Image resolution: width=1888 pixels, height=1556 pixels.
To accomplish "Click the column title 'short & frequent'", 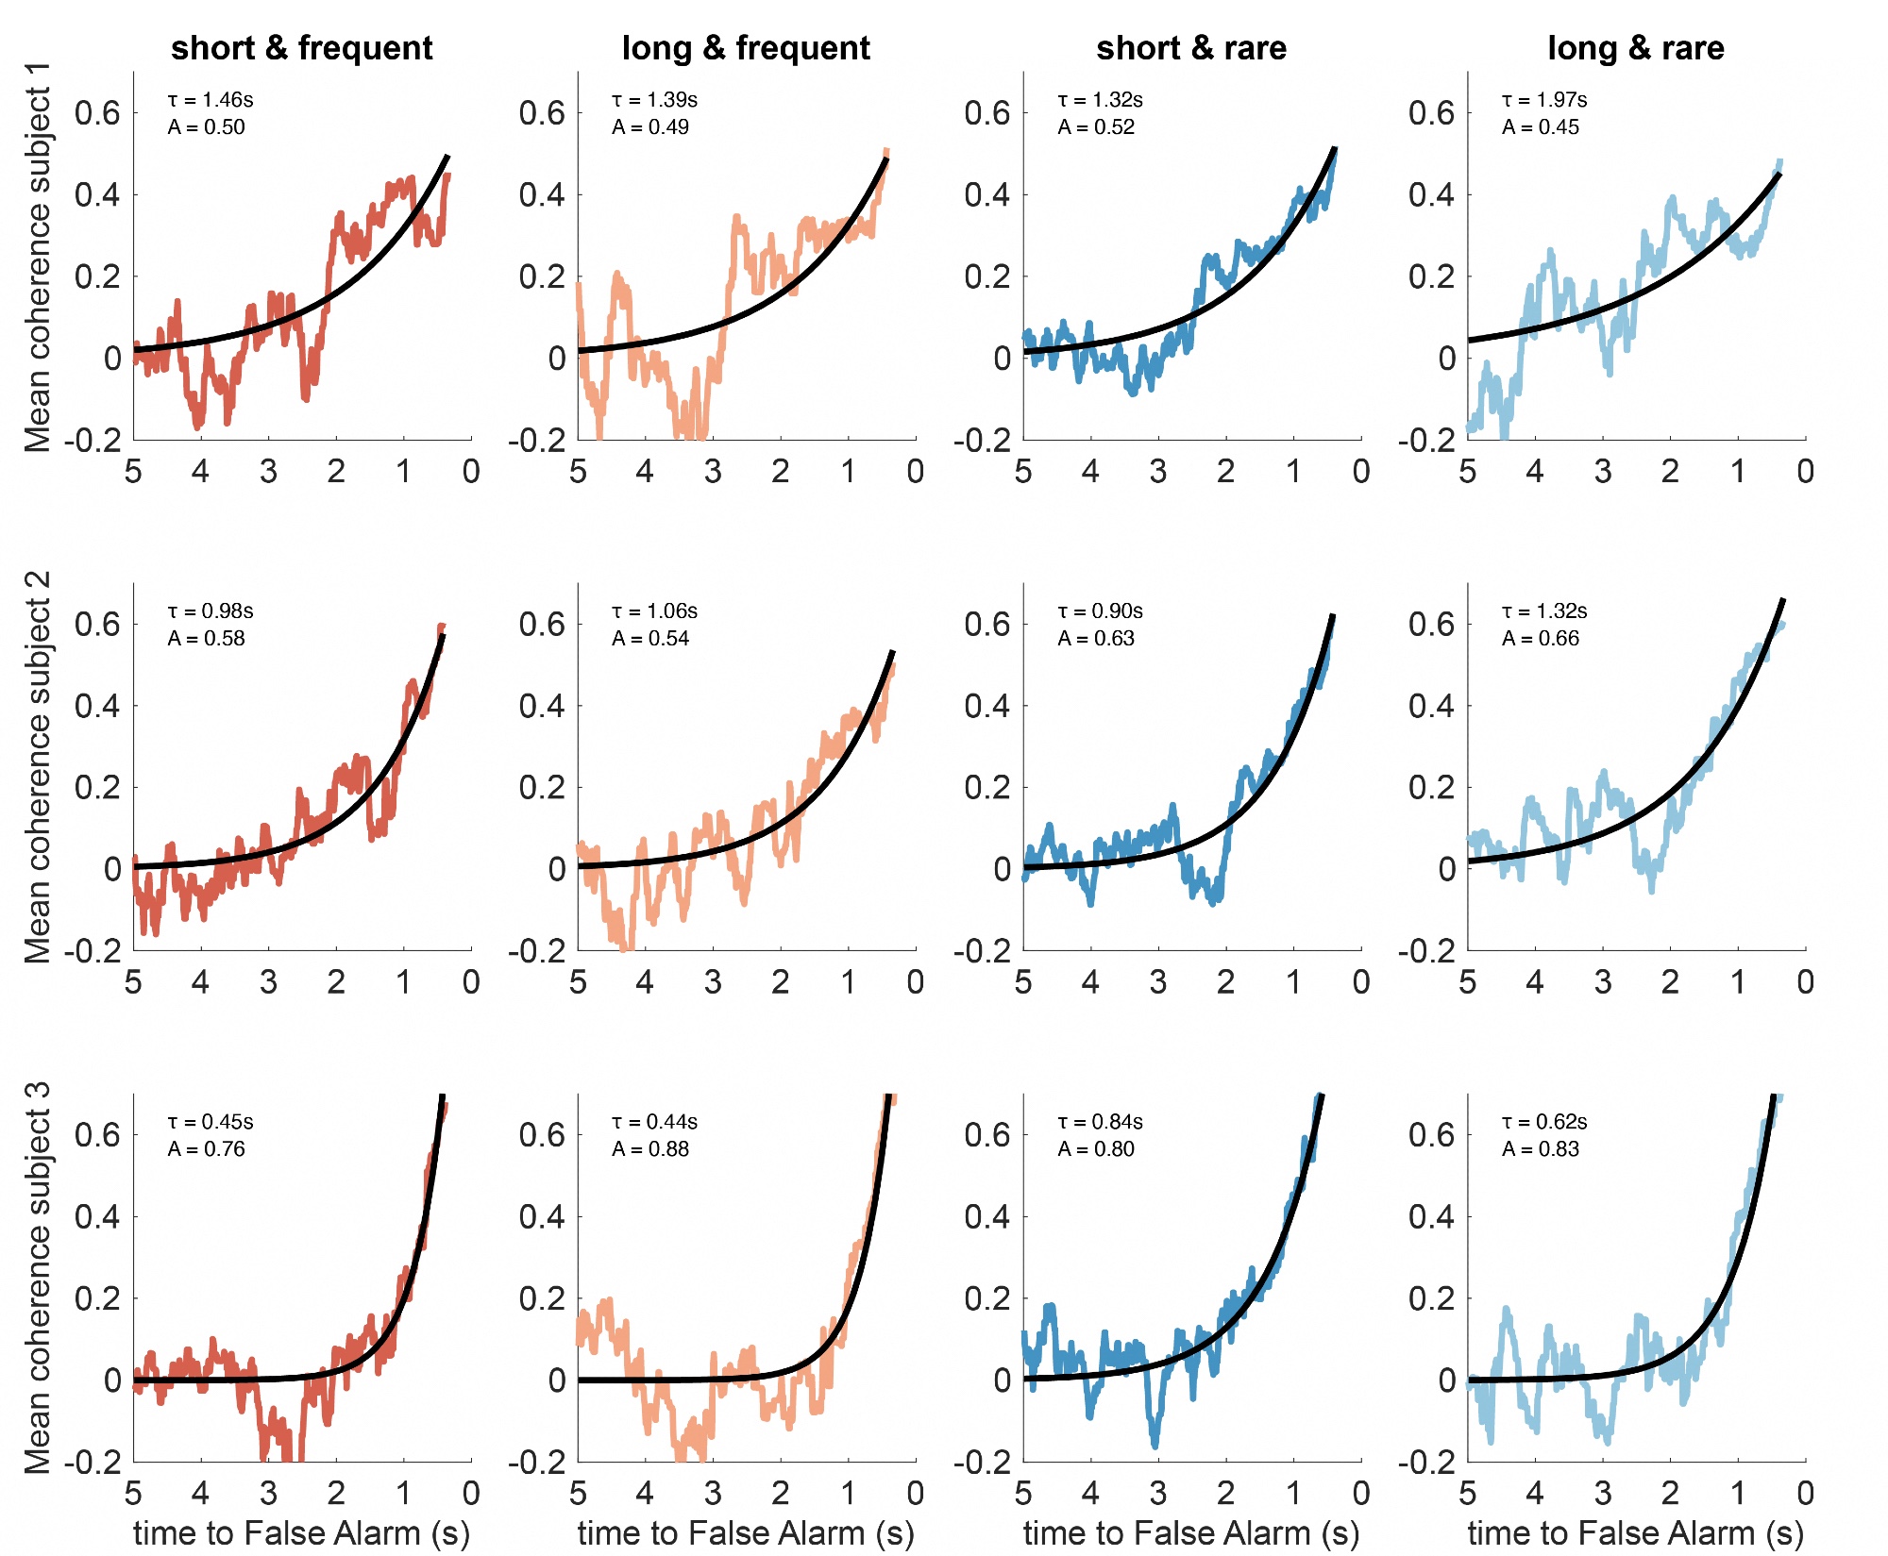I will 301,47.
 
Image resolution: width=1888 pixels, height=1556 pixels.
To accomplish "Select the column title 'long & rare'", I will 1635,47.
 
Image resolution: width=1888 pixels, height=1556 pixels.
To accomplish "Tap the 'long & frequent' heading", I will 746,47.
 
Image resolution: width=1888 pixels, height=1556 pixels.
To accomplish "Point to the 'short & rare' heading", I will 1191,47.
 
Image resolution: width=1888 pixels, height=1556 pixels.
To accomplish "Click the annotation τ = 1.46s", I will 211,100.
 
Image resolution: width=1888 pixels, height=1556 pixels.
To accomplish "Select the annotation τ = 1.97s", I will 1544,100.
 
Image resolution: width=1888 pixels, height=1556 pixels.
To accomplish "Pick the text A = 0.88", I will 650,1149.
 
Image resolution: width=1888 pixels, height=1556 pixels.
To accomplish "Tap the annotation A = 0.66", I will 1541,639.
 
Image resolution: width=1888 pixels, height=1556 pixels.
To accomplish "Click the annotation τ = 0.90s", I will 1100,611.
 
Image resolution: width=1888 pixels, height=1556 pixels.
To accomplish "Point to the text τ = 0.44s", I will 654,1122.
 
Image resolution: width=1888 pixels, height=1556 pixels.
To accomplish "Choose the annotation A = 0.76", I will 206,1149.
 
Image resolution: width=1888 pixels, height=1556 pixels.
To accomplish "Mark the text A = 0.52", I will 1096,127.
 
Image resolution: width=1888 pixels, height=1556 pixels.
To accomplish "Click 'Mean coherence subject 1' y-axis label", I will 38,258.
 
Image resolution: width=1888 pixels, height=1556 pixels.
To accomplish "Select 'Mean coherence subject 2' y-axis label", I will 38,767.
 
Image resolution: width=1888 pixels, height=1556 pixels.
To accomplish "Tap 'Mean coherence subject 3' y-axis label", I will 38,1279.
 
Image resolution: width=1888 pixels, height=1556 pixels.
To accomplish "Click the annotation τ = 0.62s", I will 1544,1122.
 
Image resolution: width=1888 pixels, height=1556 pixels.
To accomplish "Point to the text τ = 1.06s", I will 654,611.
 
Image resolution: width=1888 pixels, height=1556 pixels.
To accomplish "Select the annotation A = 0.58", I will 206,639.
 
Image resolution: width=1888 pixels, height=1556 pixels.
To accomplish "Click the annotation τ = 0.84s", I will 1100,1122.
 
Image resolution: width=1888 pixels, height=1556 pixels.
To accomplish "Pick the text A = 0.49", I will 650,127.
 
